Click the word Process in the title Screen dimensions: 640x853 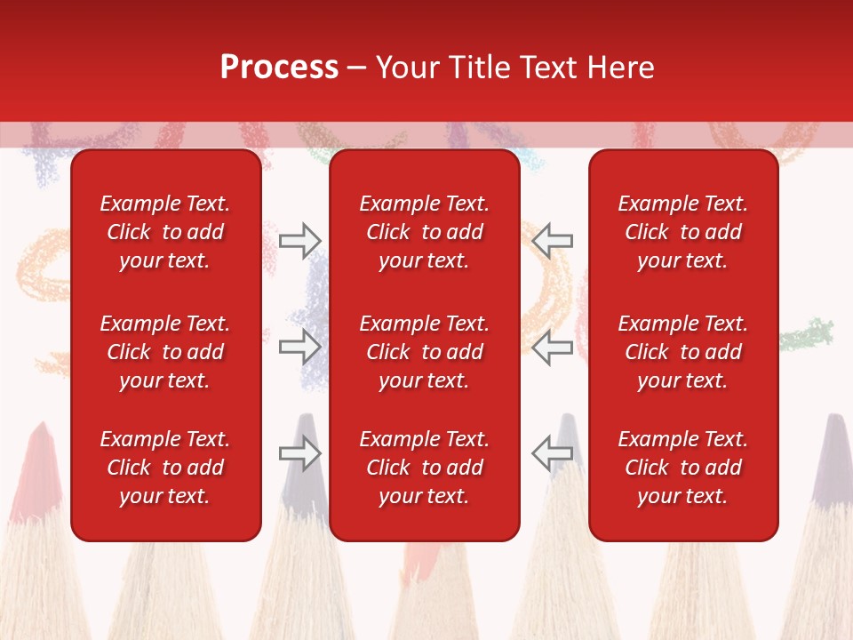coord(279,68)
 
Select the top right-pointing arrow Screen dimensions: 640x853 coord(299,240)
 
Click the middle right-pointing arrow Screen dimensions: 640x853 coord(299,347)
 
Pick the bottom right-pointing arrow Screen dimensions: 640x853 coord(299,453)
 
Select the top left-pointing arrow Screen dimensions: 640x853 coord(553,240)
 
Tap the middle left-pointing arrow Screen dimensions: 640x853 coord(553,347)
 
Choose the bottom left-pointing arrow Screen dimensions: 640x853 coord(553,453)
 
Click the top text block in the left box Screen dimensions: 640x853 coord(165,232)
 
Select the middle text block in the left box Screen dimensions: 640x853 coord(165,352)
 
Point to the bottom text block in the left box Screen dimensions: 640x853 coord(165,468)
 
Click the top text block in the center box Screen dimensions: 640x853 coord(424,232)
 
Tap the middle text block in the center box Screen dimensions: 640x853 coord(424,352)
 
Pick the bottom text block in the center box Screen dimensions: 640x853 coord(424,468)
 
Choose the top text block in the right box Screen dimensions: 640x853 coord(683,232)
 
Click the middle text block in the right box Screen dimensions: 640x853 coord(683,352)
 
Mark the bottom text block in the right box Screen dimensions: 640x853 coord(683,468)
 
